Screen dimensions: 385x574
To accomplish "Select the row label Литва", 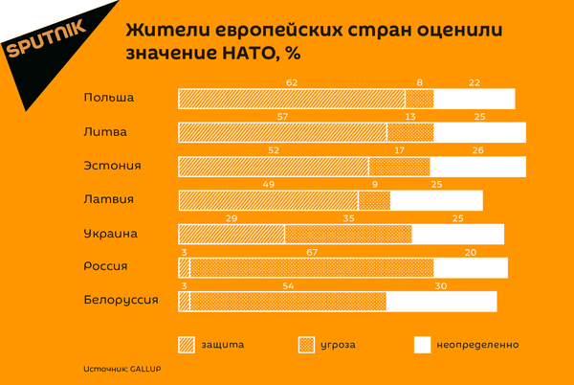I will tap(105, 131).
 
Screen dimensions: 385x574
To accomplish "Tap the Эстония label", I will tap(112, 165).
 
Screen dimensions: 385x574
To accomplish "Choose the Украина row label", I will tap(111, 233).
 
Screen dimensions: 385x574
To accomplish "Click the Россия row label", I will tap(107, 266).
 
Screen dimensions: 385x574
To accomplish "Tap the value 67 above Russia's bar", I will tap(312, 251).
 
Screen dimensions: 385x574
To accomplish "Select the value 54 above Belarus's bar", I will tap(288, 284).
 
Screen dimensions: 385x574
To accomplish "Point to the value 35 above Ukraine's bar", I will tap(348, 217).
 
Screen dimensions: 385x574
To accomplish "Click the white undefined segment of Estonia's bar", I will tap(477, 166).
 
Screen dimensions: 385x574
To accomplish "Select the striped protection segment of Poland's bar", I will tap(292, 99).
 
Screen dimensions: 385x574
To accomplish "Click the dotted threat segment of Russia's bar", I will tap(312, 267).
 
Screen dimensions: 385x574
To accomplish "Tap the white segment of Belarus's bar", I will tap(441, 301).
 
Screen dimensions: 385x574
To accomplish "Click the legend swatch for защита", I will tap(187, 344).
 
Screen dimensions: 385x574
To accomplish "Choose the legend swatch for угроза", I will tap(307, 344).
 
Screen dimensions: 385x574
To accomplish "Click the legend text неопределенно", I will tap(479, 344).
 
